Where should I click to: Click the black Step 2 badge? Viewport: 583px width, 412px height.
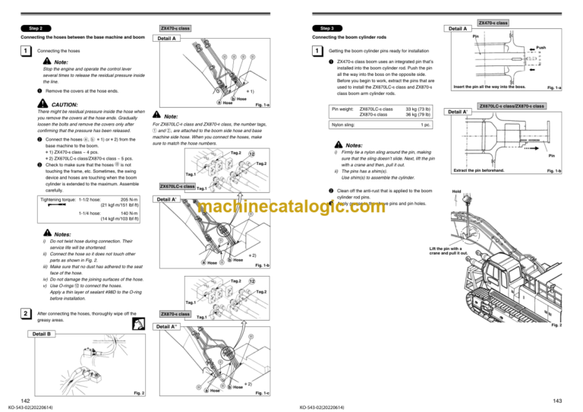pos(36,28)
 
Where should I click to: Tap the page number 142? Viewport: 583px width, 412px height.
pos(26,399)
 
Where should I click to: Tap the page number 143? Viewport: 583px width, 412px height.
pos(557,399)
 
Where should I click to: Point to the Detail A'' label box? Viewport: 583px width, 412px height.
pos(171,328)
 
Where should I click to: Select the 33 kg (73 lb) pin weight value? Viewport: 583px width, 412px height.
pos(420,109)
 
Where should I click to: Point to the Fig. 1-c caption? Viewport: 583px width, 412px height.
pos(263,393)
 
